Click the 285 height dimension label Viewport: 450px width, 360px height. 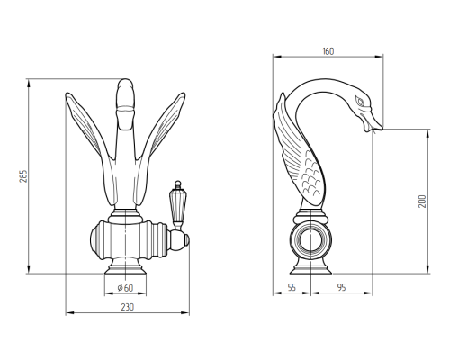[23, 176]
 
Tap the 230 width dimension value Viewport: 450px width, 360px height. [128, 307]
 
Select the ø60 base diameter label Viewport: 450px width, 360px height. [125, 288]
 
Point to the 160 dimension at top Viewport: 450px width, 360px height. [328, 51]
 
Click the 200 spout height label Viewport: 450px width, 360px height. [422, 202]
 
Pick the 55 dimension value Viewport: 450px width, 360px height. [292, 287]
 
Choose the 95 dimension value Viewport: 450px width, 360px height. [341, 287]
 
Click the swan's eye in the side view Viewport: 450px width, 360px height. [360, 101]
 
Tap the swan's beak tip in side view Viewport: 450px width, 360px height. [382, 128]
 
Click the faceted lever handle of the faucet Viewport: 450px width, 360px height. [178, 206]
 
